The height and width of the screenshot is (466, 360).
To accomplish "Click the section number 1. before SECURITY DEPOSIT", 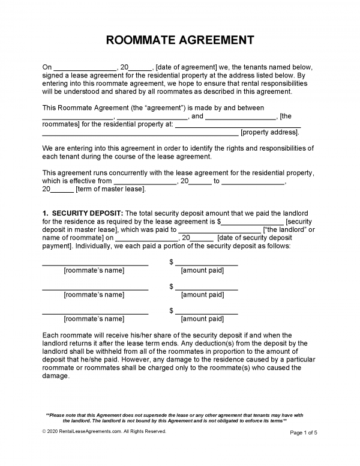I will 46,213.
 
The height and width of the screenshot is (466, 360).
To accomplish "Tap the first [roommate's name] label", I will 94,271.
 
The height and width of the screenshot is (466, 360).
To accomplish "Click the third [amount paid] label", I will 202,319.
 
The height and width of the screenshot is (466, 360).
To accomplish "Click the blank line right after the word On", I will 84,67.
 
